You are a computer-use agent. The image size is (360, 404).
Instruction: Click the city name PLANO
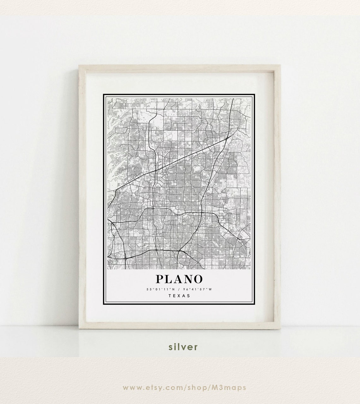pyautogui.click(x=179, y=279)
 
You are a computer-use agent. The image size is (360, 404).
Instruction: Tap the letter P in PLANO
pyautogui.click(x=160, y=279)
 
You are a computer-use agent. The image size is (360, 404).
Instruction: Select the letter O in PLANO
pyautogui.click(x=198, y=279)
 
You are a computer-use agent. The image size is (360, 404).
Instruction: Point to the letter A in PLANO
pyautogui.click(x=178, y=279)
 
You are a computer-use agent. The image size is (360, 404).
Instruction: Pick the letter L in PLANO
pyautogui.click(x=169, y=279)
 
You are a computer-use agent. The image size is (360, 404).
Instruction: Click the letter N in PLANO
pyautogui.click(x=188, y=279)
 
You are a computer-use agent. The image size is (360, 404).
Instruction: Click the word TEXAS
pyautogui.click(x=179, y=296)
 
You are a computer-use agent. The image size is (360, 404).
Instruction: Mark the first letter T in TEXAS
pyautogui.click(x=170, y=296)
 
